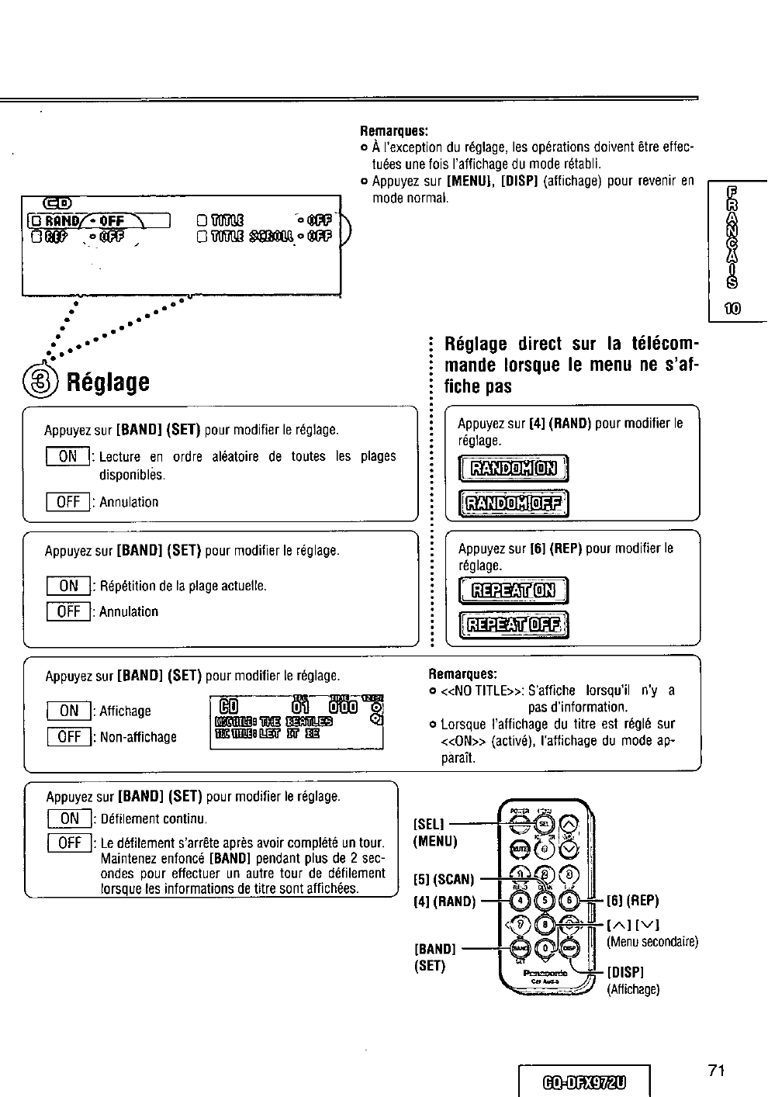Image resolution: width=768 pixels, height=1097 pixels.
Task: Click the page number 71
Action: click(x=715, y=1071)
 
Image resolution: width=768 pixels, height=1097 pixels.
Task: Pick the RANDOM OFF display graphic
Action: click(x=514, y=505)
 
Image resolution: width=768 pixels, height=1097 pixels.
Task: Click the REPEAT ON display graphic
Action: click(x=514, y=591)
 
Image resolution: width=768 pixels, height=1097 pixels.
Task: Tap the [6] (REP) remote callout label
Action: click(x=632, y=901)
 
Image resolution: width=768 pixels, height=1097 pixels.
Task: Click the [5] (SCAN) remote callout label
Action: click(x=443, y=881)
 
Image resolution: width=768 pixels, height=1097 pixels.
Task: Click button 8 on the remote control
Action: click(x=546, y=924)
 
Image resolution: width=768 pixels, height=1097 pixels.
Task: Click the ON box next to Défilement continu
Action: click(x=70, y=818)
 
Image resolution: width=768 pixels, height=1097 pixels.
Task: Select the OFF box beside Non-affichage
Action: click(x=68, y=737)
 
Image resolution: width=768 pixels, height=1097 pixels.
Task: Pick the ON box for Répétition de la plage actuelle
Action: click(x=68, y=587)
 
